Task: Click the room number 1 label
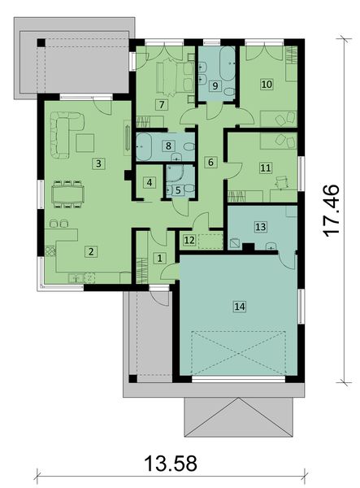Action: click(159, 258)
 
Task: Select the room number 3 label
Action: click(98, 163)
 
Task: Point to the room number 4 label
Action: click(149, 182)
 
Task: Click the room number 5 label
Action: click(178, 190)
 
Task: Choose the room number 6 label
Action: click(210, 163)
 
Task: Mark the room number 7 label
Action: click(163, 105)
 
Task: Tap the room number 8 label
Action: click(168, 146)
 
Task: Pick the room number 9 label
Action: click(215, 85)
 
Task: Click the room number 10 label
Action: click(265, 83)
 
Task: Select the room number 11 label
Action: click(265, 168)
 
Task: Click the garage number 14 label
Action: click(239, 306)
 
